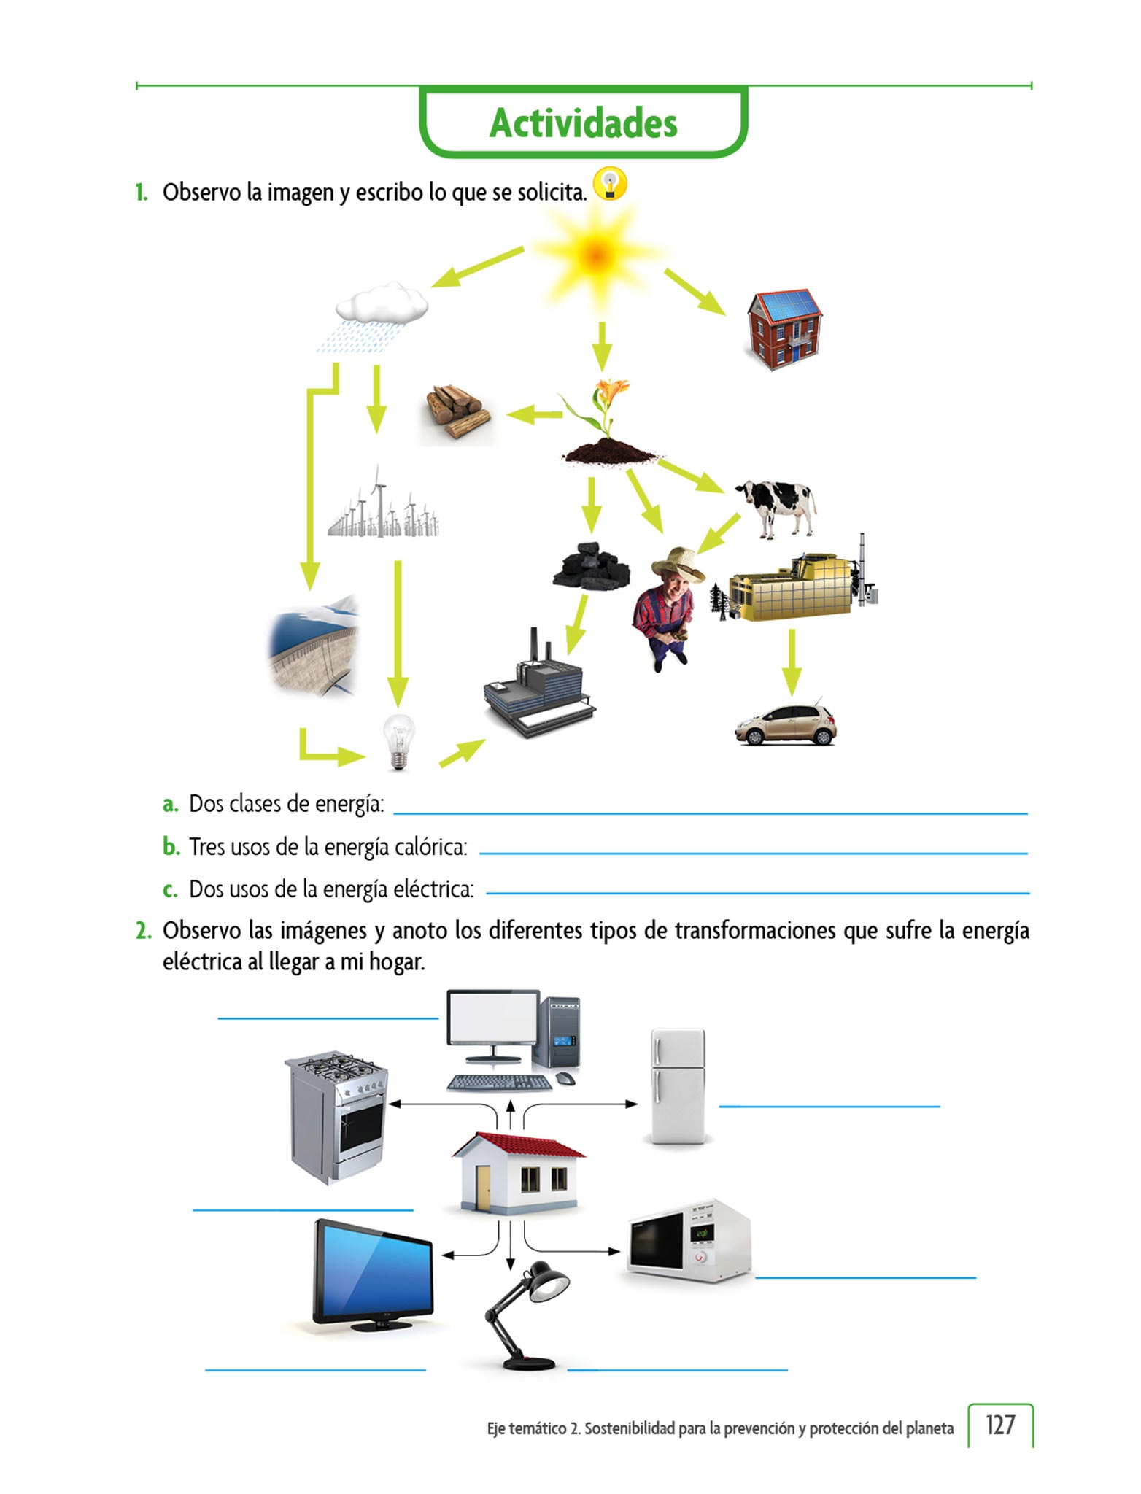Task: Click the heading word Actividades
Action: point(583,123)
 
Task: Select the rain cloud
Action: point(382,303)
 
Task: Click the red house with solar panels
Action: point(784,328)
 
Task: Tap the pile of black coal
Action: point(591,566)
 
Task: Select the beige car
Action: point(786,724)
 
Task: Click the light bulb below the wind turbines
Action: point(398,740)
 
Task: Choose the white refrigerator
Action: point(678,1085)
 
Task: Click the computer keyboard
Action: point(499,1083)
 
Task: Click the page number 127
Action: point(999,1425)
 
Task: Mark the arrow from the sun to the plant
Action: point(601,346)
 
